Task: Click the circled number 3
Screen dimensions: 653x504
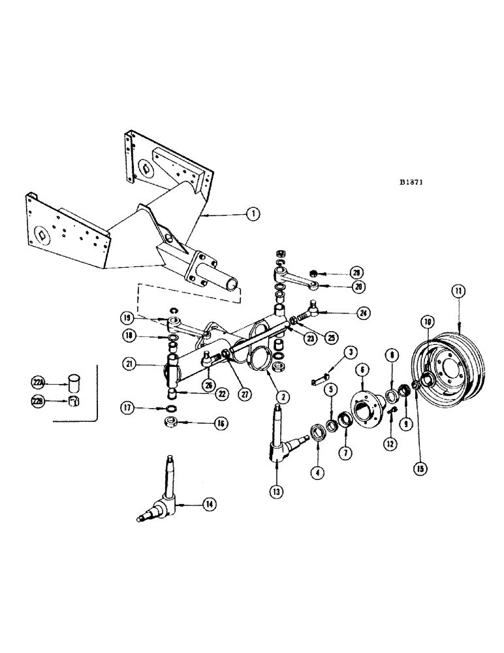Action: (x=351, y=353)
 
